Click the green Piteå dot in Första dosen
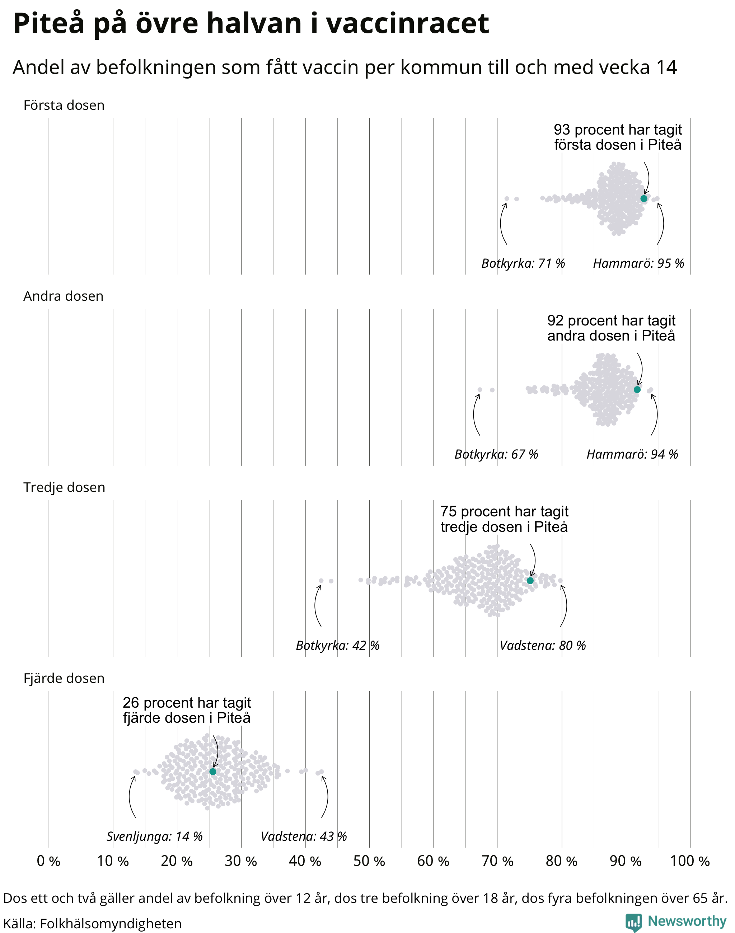(x=644, y=198)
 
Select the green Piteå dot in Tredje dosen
(x=530, y=581)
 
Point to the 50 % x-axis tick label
(x=369, y=861)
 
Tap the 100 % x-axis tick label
(x=690, y=861)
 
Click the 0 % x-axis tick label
(x=48, y=861)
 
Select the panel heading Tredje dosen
(x=64, y=488)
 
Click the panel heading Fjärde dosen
(x=64, y=679)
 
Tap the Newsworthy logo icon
(x=633, y=922)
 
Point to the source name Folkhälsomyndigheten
(x=111, y=924)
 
